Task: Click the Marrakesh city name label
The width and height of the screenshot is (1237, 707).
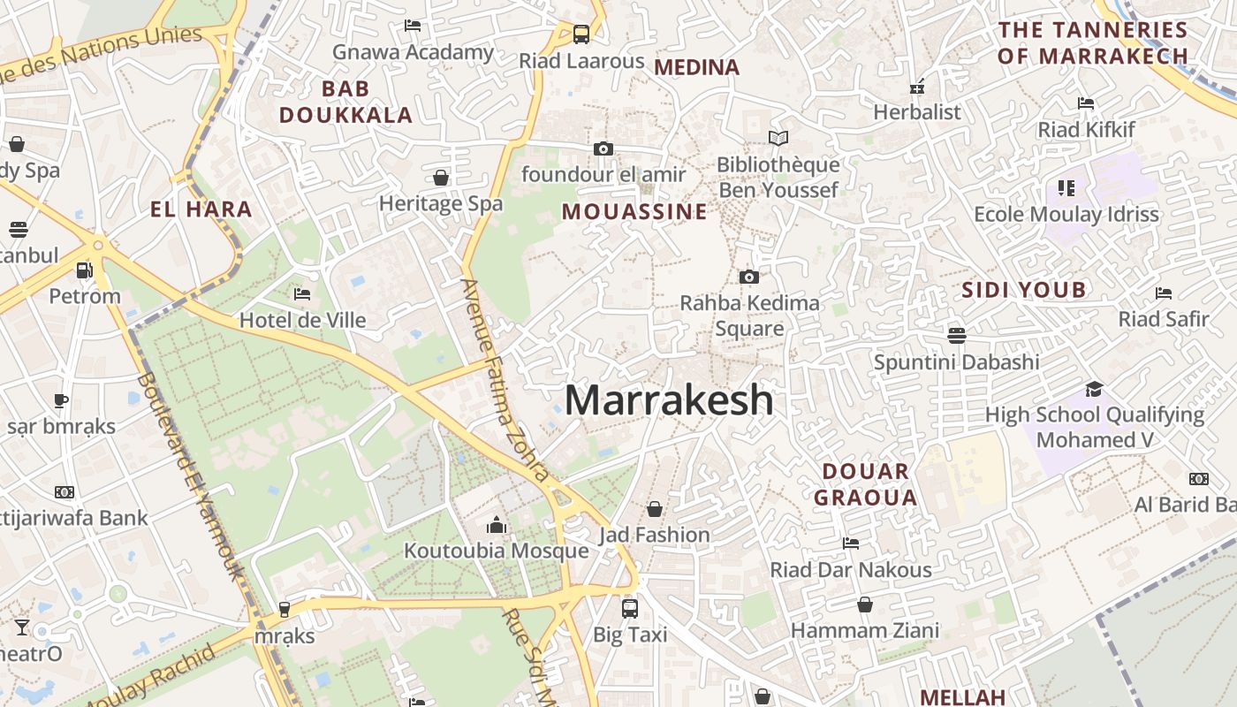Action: (x=669, y=400)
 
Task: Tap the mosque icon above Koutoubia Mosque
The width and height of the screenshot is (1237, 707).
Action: (x=497, y=526)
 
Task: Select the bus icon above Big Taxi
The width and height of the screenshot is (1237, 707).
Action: (x=630, y=608)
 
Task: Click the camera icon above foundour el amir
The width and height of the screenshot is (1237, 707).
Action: (x=603, y=148)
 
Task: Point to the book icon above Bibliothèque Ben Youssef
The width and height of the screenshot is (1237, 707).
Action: (x=778, y=139)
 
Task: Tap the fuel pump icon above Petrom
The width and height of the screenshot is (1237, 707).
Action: (x=85, y=270)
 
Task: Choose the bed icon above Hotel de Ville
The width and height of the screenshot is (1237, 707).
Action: (x=302, y=293)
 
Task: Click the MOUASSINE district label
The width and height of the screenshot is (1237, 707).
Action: (x=634, y=212)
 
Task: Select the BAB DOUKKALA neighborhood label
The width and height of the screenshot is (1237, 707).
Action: (x=345, y=102)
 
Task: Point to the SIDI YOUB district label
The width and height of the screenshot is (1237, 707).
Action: (x=1024, y=290)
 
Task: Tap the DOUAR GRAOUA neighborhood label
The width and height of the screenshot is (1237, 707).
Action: (x=866, y=484)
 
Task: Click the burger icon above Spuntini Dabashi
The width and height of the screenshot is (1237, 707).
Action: (x=956, y=336)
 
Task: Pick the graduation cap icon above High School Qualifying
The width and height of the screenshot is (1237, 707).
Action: (x=1094, y=389)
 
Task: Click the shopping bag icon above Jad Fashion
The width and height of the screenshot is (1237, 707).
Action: (x=655, y=509)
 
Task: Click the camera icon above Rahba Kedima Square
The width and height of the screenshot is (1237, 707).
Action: (x=749, y=277)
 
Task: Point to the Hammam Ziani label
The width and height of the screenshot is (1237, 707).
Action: (x=865, y=631)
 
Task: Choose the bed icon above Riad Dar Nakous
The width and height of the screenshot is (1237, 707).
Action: (x=851, y=544)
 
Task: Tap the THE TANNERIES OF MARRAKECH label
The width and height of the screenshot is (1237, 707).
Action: (x=1093, y=42)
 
